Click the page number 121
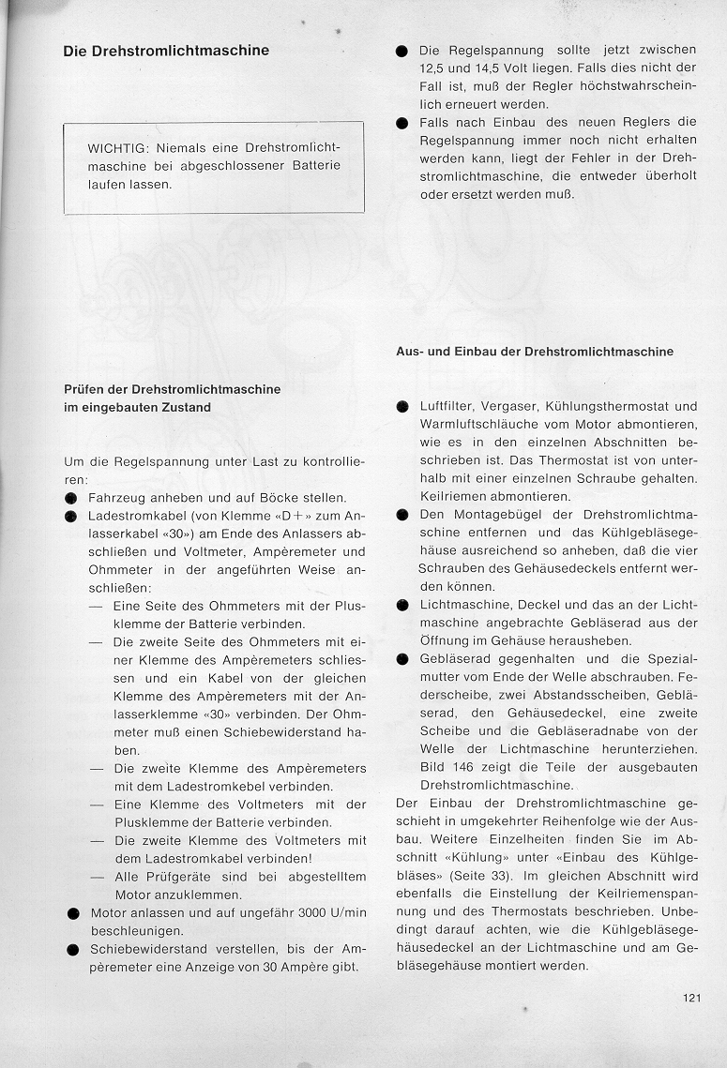692,997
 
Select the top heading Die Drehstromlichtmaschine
166,51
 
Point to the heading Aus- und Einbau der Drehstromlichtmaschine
535,352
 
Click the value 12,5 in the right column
435,68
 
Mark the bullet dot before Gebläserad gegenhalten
402,659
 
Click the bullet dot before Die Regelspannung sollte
401,50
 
